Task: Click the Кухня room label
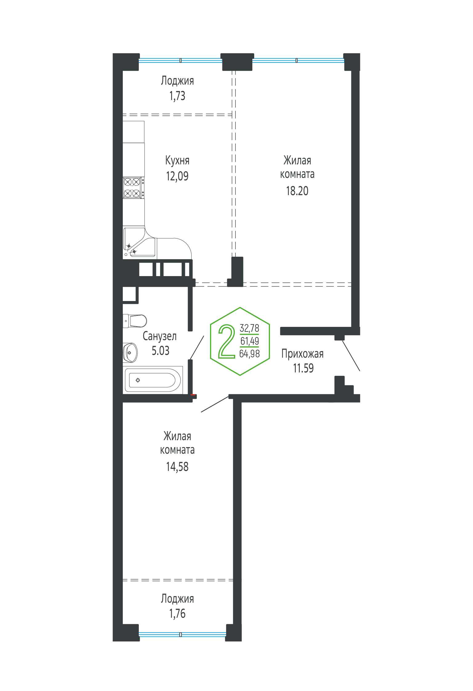click(x=177, y=161)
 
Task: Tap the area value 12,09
click(x=177, y=176)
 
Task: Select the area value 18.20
click(x=297, y=191)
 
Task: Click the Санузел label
click(x=160, y=336)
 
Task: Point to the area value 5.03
click(x=161, y=351)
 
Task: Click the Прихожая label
click(x=303, y=354)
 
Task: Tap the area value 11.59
click(x=303, y=368)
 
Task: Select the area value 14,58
click(x=177, y=467)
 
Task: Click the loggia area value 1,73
click(x=177, y=96)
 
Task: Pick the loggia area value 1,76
click(x=177, y=613)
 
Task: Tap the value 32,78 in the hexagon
click(x=250, y=328)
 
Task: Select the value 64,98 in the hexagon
click(x=250, y=354)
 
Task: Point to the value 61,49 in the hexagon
click(x=250, y=341)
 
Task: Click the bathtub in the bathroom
click(x=153, y=380)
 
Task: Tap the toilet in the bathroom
click(x=135, y=321)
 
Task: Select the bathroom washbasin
click(x=130, y=353)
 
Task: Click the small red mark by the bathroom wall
click(x=193, y=395)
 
